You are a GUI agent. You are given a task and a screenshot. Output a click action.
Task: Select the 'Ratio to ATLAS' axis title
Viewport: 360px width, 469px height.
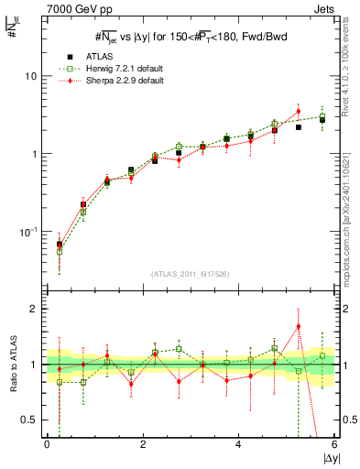pyautogui.click(x=12, y=365)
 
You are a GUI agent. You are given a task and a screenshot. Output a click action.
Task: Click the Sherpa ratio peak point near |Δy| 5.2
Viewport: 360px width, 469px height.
pyautogui.click(x=299, y=326)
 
